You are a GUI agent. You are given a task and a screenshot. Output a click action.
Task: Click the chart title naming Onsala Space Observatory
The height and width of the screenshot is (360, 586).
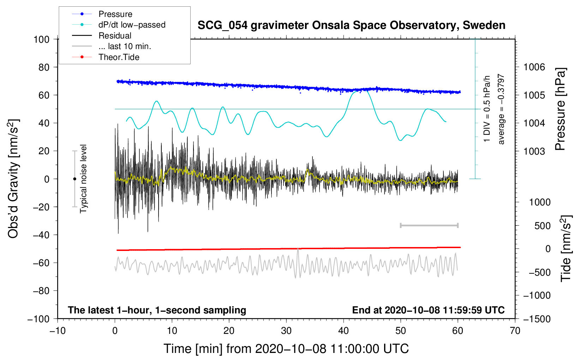click(351, 25)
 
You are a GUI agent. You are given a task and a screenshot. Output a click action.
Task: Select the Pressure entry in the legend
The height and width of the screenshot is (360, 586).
click(115, 14)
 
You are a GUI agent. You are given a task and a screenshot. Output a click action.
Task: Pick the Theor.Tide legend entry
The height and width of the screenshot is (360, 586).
click(119, 57)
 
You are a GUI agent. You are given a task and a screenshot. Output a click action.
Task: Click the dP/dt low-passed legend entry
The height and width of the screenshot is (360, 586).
click(132, 25)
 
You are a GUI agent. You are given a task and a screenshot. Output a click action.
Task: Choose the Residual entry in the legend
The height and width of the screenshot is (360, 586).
click(115, 36)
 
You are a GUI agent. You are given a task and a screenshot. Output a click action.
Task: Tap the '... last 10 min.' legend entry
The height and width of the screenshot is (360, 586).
click(125, 46)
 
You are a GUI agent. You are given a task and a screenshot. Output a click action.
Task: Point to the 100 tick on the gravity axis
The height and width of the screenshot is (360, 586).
click(41, 39)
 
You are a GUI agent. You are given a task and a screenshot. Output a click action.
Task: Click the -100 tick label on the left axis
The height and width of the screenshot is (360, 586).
click(38, 319)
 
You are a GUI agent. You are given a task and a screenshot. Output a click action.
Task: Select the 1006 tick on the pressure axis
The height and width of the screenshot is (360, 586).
click(534, 67)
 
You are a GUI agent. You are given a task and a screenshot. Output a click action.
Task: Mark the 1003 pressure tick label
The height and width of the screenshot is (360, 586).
click(534, 151)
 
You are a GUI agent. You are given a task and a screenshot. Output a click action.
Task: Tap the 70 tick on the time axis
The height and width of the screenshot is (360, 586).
click(515, 331)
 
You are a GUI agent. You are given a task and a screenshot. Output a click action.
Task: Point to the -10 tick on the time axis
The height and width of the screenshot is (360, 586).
click(58, 331)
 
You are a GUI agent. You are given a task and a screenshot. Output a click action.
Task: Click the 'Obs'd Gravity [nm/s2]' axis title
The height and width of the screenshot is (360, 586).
click(13, 179)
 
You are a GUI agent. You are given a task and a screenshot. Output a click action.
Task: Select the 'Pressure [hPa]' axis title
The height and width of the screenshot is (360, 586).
click(561, 109)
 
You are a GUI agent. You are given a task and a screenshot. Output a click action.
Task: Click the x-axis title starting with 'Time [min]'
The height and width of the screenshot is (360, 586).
click(286, 349)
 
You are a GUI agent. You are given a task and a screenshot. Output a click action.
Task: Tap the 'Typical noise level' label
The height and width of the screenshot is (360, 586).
click(83, 179)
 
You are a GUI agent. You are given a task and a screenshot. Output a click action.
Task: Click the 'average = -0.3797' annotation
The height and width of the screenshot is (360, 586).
click(501, 109)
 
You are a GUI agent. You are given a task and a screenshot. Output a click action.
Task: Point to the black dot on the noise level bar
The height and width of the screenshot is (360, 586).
click(74, 179)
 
